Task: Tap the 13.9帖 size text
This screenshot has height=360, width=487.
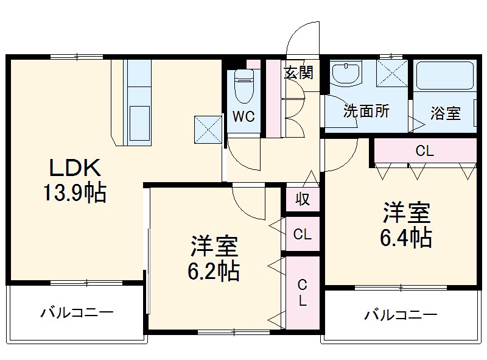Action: (x=73, y=193)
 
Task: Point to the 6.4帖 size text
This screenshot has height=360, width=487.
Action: (x=406, y=237)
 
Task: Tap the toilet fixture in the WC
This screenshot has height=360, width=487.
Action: (x=244, y=85)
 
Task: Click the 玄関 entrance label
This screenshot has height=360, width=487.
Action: (x=298, y=72)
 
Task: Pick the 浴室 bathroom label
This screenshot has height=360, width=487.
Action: (x=445, y=113)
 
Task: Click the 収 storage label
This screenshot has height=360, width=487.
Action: (x=303, y=199)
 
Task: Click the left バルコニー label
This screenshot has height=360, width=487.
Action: (x=77, y=314)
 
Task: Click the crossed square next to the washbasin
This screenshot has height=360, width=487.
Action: (x=390, y=74)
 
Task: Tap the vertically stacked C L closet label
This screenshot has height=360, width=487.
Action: (x=302, y=292)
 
